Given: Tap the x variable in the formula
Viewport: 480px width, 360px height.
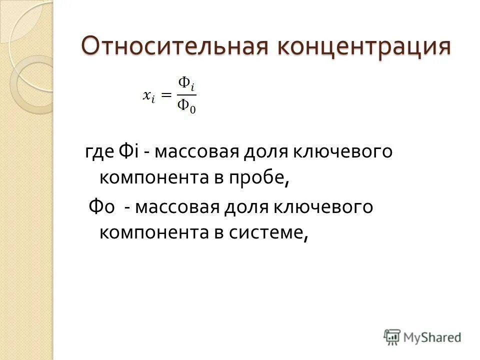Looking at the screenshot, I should tap(148, 96).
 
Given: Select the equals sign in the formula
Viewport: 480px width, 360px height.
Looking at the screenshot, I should tap(166, 95).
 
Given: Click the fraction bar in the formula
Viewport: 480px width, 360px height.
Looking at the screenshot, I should tap(187, 94).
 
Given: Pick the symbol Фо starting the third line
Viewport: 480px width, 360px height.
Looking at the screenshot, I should tap(102, 206).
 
